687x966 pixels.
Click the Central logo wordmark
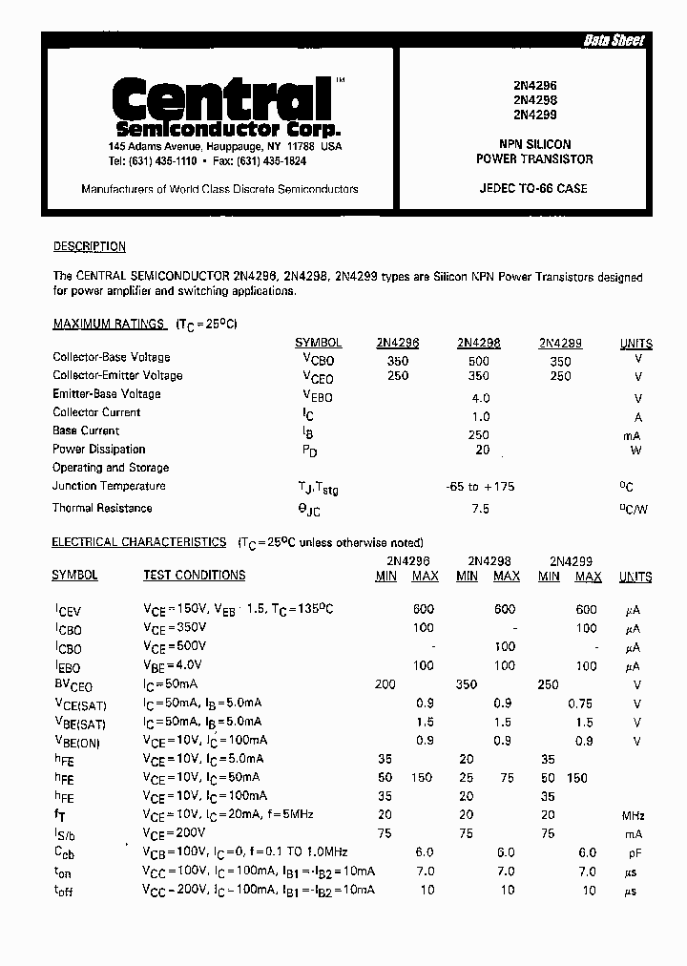[x=221, y=98]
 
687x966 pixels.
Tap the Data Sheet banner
[x=614, y=40]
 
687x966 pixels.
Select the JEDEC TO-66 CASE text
[x=533, y=189]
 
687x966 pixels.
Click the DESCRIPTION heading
[x=89, y=246]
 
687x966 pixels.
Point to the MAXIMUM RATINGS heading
[x=109, y=325]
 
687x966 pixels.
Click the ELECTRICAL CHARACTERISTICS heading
[x=138, y=542]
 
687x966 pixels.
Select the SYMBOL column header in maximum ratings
[x=318, y=344]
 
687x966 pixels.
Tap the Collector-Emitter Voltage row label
[x=117, y=376]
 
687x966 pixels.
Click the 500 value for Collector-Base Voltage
[x=479, y=362]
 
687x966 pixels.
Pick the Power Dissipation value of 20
[x=482, y=450]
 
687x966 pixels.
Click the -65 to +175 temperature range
[x=480, y=487]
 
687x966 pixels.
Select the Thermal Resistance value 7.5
[x=480, y=509]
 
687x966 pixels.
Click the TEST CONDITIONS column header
[x=194, y=576]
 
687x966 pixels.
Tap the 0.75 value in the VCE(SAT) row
[x=580, y=704]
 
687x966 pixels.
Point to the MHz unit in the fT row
[x=633, y=816]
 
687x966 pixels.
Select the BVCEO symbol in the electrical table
[x=73, y=685]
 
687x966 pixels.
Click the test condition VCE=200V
[x=174, y=833]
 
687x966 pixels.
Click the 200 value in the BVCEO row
[x=385, y=685]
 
